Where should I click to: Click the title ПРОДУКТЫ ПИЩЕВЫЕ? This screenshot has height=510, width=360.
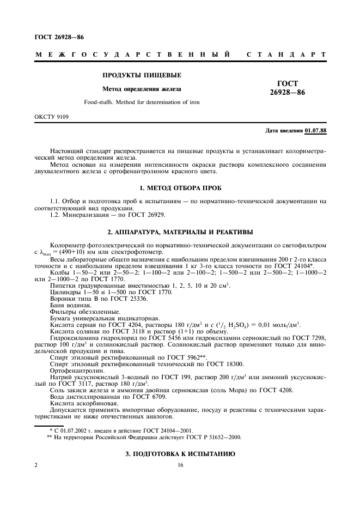tap(142, 75)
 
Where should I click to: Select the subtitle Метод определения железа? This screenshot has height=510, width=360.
tap(142, 89)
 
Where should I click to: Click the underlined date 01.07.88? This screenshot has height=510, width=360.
tap(315, 131)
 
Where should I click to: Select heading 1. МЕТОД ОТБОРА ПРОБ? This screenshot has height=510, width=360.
tap(180, 188)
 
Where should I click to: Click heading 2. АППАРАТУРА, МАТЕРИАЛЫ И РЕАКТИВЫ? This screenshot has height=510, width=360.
tap(180, 231)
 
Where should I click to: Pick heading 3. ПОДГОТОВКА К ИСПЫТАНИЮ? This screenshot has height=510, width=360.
tap(180, 454)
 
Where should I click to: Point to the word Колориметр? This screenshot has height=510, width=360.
tap(68, 246)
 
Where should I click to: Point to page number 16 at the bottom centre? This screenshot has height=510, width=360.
tap(180, 465)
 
